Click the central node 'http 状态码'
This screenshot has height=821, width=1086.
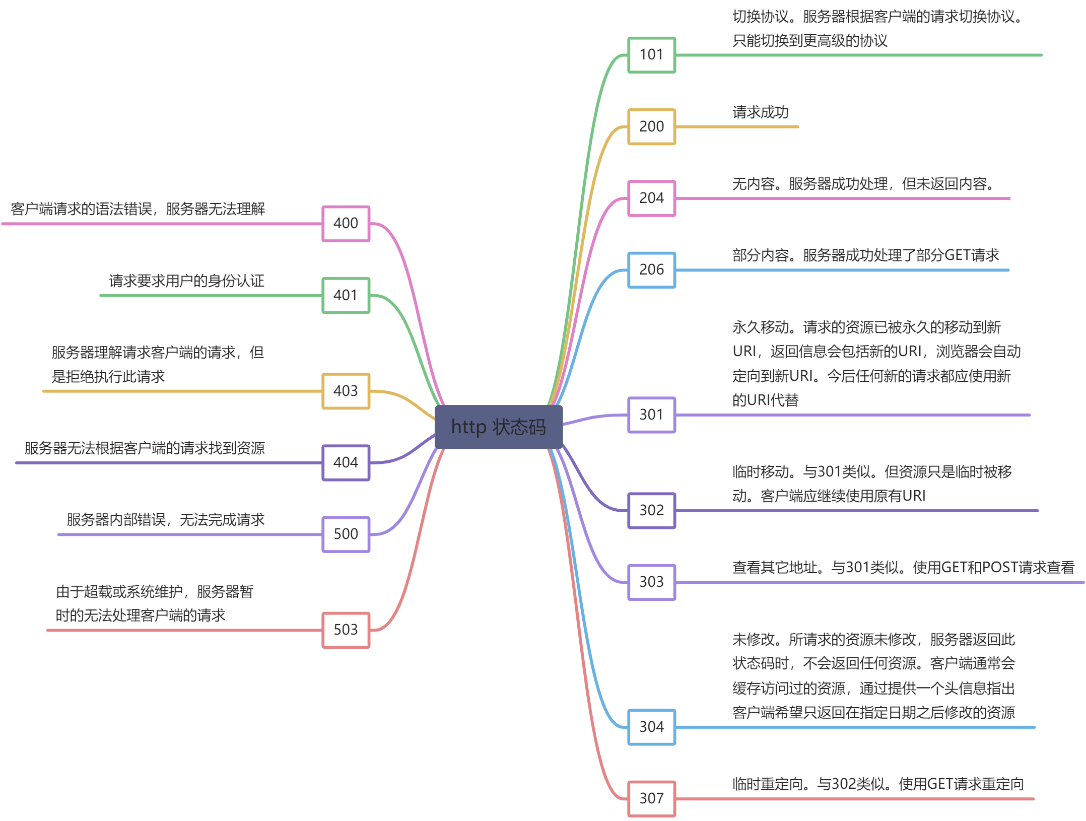click(x=498, y=427)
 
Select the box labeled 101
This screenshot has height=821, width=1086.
click(x=651, y=55)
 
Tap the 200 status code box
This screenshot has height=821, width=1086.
click(x=651, y=126)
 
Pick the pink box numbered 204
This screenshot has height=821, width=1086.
click(x=651, y=198)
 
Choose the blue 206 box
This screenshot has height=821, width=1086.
click(x=651, y=270)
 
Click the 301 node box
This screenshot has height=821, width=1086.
click(x=651, y=415)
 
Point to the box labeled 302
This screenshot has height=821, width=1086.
click(x=651, y=510)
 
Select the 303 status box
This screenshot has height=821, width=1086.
click(x=651, y=582)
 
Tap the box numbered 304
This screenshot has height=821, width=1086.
click(x=651, y=727)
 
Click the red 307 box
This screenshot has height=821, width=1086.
click(x=651, y=798)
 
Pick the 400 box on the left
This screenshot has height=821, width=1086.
click(x=346, y=223)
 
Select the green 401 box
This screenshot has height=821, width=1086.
click(x=346, y=295)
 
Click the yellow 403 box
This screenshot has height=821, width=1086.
click(x=346, y=391)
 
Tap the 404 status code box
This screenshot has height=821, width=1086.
click(x=346, y=462)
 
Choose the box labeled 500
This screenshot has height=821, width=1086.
click(x=346, y=534)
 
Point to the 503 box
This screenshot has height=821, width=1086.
click(x=346, y=630)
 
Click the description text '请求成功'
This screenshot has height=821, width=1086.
click(x=760, y=112)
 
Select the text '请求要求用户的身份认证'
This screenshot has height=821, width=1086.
click(x=186, y=281)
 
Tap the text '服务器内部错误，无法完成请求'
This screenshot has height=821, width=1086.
click(x=165, y=519)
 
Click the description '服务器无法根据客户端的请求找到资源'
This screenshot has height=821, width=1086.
click(x=145, y=448)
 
